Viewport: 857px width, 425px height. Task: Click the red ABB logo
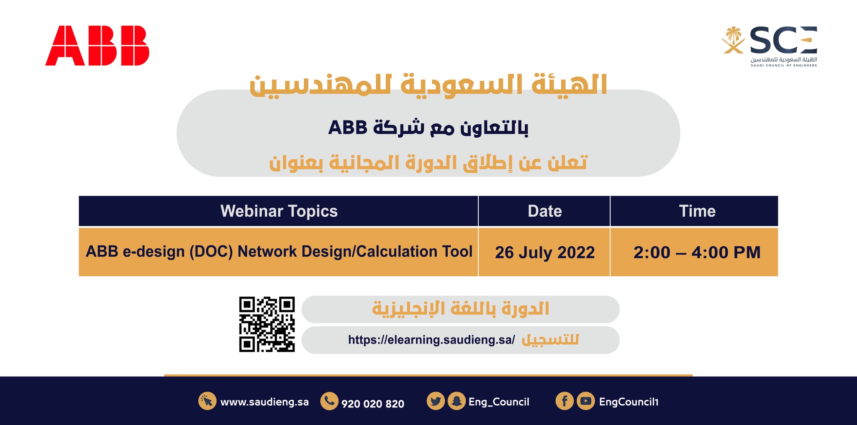97,46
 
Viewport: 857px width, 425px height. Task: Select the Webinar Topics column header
279,211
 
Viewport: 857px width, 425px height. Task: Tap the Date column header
544,211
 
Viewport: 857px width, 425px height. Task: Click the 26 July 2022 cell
544,252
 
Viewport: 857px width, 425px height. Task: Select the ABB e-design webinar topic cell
279,252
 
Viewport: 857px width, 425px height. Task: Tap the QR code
267,325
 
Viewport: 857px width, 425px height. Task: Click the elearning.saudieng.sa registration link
431,340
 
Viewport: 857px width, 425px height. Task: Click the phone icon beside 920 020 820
329,401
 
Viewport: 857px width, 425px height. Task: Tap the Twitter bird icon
436,401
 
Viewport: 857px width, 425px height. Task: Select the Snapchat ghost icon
457,401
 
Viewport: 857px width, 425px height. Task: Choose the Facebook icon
564,401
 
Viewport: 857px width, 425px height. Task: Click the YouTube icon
585,401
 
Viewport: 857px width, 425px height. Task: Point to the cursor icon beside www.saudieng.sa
207,401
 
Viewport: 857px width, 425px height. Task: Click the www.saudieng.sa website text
264,402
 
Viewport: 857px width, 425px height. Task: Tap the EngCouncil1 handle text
629,402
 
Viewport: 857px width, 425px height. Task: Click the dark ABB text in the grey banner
347,128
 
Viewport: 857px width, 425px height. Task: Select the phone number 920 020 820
373,404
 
